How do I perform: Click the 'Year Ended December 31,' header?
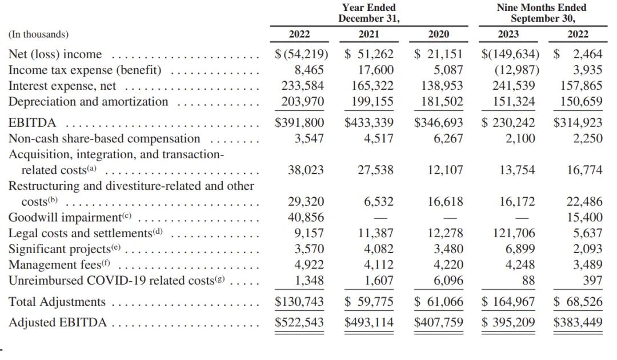tap(368, 13)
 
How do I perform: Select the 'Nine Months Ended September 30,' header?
tap(542, 13)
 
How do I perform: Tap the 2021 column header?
tap(368, 34)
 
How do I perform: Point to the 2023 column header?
tap(508, 34)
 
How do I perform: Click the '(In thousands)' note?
tap(39, 35)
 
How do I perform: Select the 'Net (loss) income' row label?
tap(55, 54)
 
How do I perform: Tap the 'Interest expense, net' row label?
tap(62, 86)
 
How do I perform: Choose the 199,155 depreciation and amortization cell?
tap(372, 102)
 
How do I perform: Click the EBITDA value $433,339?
tap(368, 123)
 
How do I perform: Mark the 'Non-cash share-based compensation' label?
tap(105, 138)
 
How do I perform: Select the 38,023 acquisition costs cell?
tap(306, 170)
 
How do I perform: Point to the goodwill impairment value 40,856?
tap(306, 217)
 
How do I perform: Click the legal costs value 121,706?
tap(514, 233)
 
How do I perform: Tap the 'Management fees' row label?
tap(59, 265)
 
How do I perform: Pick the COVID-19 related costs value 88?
tap(528, 281)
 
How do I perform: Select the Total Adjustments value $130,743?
tap(299, 302)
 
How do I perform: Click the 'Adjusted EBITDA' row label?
tap(58, 323)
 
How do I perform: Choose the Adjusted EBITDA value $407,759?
tap(438, 323)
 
